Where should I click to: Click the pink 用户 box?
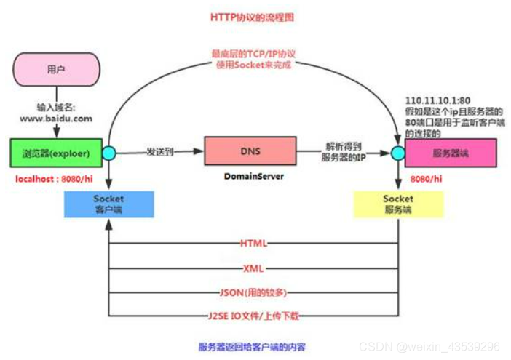click(55, 70)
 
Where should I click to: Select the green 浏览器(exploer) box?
click(56, 153)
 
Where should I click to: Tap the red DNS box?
click(250, 151)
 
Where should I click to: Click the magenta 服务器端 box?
click(450, 153)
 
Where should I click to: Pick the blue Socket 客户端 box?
click(108, 204)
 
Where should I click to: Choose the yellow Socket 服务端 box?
click(397, 204)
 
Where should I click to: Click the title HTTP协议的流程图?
click(253, 17)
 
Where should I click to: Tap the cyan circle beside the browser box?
click(108, 153)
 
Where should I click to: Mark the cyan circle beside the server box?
click(397, 153)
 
